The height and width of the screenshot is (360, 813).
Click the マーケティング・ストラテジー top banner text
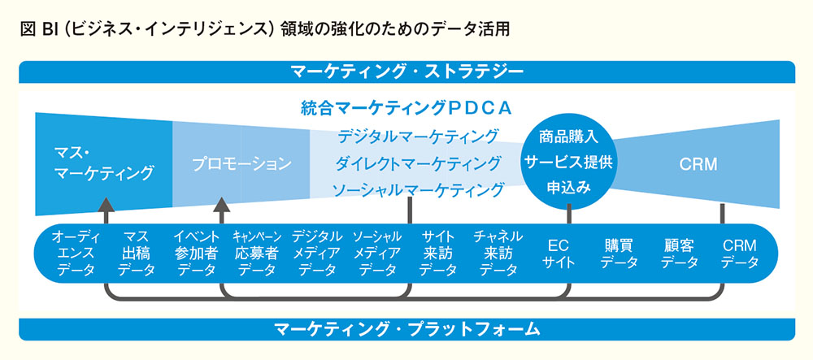pos(407,72)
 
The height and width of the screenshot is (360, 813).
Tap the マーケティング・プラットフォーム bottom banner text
pos(407,329)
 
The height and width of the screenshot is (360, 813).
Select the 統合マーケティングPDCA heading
pos(406,108)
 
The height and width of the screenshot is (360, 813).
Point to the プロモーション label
pos(241,164)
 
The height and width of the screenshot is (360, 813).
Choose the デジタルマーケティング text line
pos(418,137)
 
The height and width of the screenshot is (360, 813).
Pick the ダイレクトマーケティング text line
pos(418,163)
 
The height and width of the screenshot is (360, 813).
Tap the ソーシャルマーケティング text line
pos(418,189)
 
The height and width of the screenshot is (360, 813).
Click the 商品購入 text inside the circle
pos(569,137)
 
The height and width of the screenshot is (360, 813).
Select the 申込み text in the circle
pos(569,188)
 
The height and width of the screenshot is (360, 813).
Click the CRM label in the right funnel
pos(698,164)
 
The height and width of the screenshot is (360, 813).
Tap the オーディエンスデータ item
pos(76,254)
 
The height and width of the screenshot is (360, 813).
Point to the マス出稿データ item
pos(137,254)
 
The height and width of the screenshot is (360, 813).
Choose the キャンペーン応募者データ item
pos(257,254)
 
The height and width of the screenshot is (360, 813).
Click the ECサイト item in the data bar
pos(559,254)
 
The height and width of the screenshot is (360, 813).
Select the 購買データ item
pos(619,254)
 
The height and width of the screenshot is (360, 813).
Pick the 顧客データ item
pos(679,254)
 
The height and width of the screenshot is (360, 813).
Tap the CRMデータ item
pos(739,254)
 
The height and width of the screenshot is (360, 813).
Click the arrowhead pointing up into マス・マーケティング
pos(107,205)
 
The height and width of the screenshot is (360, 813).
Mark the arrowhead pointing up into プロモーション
pos(222,205)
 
